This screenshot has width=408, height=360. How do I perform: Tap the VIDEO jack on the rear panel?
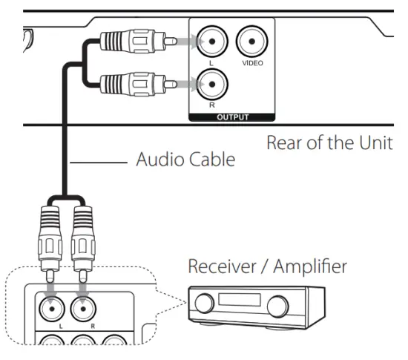(x=251, y=42)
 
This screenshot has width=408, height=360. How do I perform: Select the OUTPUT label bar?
(x=231, y=117)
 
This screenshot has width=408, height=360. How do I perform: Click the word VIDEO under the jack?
(x=251, y=64)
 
